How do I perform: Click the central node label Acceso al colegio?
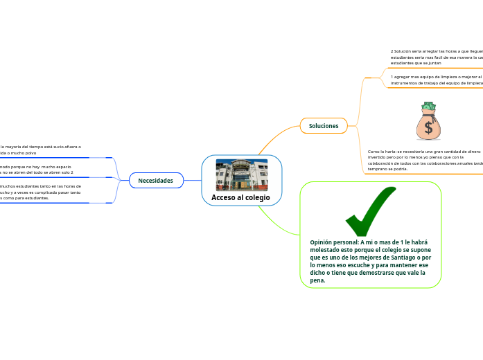click(240, 198)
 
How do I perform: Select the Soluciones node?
click(324, 126)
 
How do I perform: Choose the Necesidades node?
click(155, 181)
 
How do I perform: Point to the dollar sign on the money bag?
click(429, 127)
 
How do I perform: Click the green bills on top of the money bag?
click(428, 107)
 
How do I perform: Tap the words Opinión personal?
click(334, 242)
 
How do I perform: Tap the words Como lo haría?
click(381, 151)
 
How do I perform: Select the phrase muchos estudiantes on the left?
click(21, 186)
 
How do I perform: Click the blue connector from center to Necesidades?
click(192, 181)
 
